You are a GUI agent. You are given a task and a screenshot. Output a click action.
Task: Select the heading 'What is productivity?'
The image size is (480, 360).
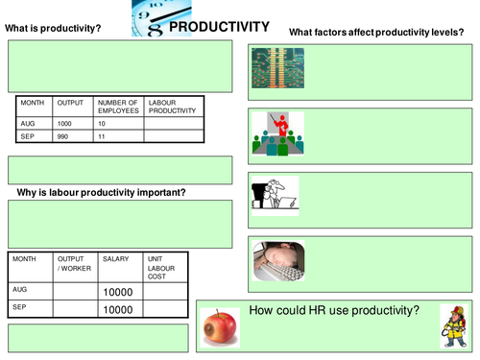point(54,29)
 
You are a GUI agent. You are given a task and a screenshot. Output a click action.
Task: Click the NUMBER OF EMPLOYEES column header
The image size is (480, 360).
point(119,106)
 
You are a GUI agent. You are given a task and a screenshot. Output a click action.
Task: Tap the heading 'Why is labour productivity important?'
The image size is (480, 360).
point(102,193)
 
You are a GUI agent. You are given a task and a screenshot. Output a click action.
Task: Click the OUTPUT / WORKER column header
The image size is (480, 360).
point(72,263)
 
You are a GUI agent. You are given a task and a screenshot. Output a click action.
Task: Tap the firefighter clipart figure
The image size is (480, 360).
point(452,326)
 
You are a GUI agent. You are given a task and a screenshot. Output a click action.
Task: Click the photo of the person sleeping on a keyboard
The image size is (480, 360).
point(275,260)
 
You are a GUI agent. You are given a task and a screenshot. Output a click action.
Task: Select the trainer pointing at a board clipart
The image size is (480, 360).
point(275,132)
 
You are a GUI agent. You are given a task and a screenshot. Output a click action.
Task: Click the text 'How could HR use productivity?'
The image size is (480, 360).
point(334,310)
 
